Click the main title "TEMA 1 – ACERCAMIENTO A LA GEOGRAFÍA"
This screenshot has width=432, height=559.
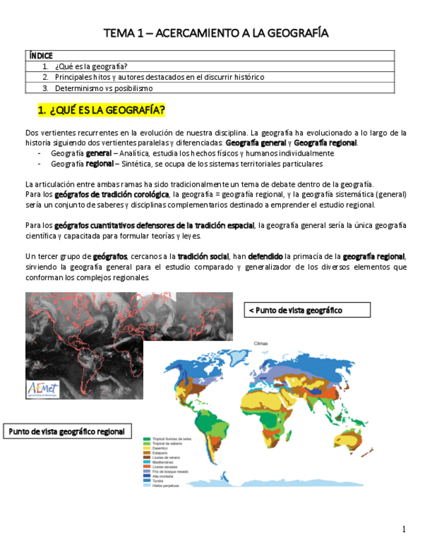click(x=216, y=33)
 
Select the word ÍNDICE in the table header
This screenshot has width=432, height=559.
click(x=41, y=56)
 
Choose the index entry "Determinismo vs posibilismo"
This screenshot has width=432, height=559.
click(x=104, y=88)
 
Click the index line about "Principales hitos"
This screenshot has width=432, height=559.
click(x=159, y=77)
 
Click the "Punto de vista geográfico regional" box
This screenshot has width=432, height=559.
click(x=67, y=431)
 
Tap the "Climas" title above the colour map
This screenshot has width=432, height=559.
click(x=261, y=343)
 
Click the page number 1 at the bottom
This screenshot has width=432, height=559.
click(x=404, y=529)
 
